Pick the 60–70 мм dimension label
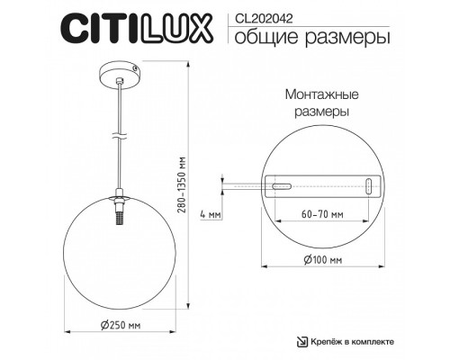point(322,215)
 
